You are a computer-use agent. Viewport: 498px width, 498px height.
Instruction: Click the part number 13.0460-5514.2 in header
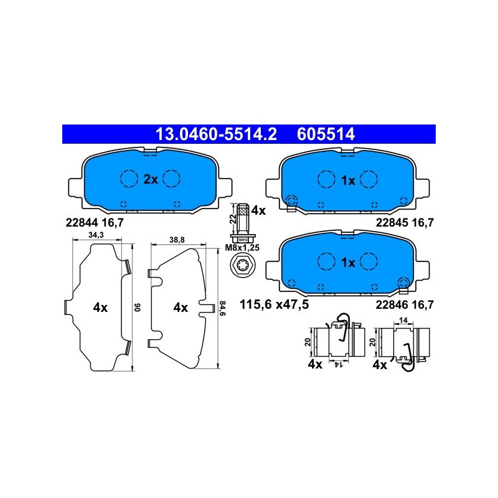[x=216, y=134]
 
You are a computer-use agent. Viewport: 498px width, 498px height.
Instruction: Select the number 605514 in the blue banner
[x=326, y=134]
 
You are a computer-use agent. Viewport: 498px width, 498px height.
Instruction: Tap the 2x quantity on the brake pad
[x=151, y=179]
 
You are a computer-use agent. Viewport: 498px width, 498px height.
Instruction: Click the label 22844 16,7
[x=95, y=223]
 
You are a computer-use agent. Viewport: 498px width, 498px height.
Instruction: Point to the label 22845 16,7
[x=405, y=223]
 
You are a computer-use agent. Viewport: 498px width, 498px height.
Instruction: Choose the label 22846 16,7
[x=405, y=305]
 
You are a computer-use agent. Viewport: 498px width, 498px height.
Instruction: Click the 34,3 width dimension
[x=96, y=235]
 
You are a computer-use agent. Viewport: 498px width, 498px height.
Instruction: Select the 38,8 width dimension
[x=177, y=240]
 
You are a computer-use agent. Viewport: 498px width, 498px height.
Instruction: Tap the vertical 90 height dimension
[x=138, y=308]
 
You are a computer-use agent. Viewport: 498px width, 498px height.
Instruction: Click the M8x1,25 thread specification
[x=242, y=248]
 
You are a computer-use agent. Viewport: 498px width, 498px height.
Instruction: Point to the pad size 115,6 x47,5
[x=274, y=304]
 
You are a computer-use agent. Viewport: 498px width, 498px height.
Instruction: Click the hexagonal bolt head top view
[x=242, y=263]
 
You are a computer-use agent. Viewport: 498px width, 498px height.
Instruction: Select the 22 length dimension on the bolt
[x=233, y=218]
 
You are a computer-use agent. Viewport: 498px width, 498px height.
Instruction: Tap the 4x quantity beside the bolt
[x=258, y=210]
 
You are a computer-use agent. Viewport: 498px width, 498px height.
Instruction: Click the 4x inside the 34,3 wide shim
[x=100, y=308]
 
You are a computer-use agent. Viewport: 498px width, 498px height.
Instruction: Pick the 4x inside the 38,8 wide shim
[x=181, y=308]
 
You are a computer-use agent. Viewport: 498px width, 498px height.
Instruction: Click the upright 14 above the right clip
[x=403, y=321]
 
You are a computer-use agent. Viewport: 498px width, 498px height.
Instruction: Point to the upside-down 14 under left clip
[x=338, y=365]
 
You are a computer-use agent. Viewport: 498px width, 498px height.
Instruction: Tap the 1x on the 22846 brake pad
[x=348, y=263]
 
